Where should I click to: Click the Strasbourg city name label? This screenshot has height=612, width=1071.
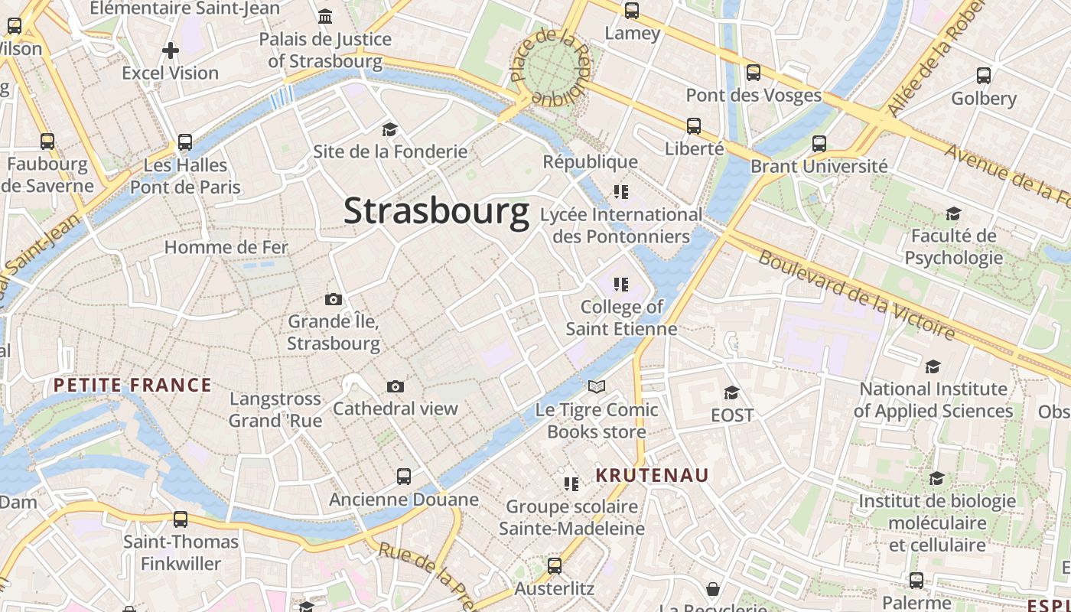pos(436,211)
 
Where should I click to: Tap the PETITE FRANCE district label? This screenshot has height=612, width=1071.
pos(132,385)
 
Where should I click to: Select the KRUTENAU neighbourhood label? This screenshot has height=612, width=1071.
pos(653,475)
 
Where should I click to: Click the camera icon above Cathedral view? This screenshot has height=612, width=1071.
pos(396,386)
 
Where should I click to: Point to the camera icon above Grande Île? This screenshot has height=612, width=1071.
pos(334,299)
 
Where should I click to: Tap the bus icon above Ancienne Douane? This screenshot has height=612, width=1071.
pos(404,477)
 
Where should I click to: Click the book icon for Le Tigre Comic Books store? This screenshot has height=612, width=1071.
pos(597,386)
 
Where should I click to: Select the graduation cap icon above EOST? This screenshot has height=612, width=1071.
pos(732,392)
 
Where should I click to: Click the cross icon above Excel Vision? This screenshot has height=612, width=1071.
pos(171,50)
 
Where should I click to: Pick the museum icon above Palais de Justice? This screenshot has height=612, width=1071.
pos(325,16)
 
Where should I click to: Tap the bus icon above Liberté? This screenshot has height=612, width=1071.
pos(694,126)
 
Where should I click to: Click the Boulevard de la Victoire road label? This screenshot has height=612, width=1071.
pos(857,295)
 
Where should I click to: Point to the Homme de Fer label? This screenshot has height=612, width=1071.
pos(226,247)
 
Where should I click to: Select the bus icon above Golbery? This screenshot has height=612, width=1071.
pos(984,76)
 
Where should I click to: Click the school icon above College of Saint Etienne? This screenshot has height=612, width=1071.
pos(621,285)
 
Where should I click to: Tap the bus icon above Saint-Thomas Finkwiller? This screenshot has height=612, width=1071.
pos(181,519)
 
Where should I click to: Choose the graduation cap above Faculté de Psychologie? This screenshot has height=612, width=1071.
pos(953,213)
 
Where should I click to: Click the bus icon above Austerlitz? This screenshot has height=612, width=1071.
pos(555,567)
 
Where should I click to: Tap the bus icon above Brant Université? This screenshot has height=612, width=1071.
pos(819,143)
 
